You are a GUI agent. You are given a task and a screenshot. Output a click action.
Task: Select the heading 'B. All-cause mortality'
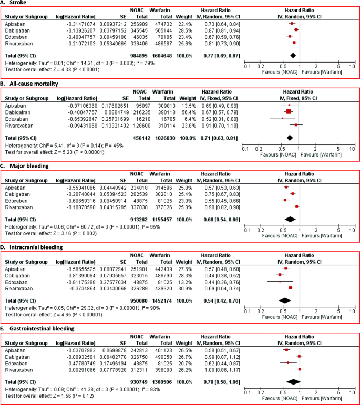[30, 84]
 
